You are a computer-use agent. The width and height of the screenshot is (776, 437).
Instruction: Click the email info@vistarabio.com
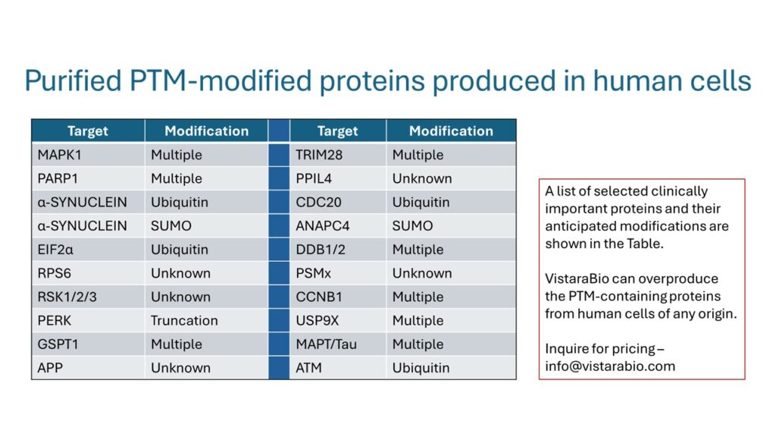610,366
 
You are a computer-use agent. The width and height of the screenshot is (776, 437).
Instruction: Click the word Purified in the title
74,80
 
